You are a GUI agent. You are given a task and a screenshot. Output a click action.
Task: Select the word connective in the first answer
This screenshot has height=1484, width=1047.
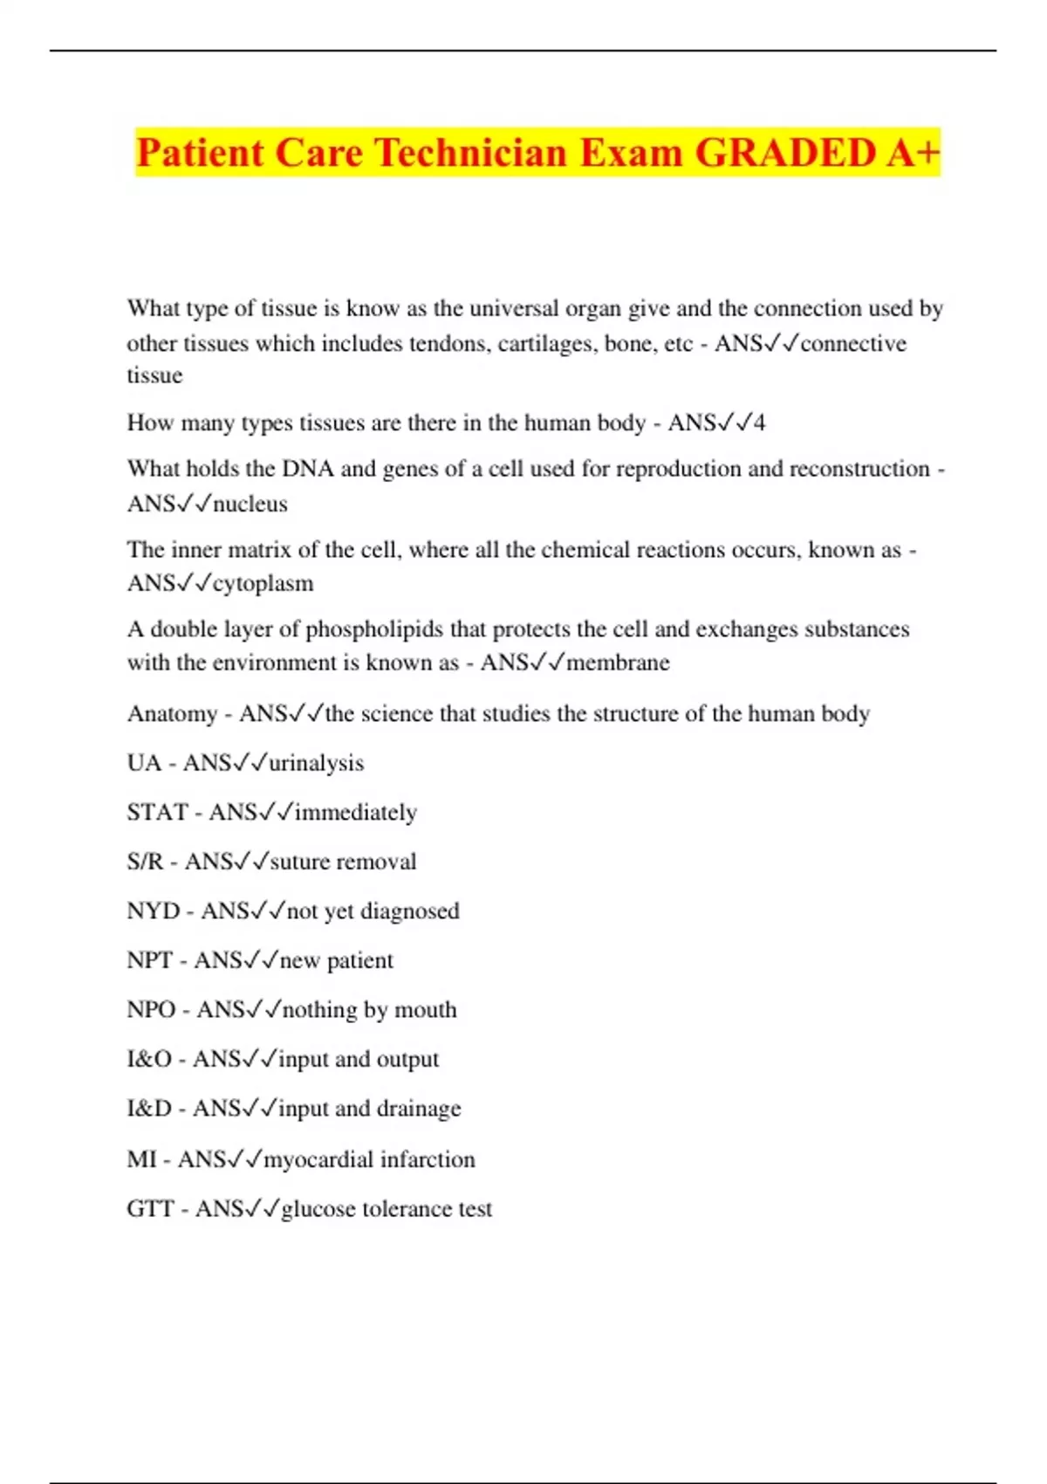point(853,343)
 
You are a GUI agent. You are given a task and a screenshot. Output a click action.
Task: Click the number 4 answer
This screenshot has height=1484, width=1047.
point(759,423)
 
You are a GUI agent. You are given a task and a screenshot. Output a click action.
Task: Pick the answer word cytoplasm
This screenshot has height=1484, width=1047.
point(263,583)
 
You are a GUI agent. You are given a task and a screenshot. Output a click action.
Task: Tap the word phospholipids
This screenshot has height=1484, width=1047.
point(374,629)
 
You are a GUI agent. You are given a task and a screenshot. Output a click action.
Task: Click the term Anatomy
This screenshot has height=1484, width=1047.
point(172,714)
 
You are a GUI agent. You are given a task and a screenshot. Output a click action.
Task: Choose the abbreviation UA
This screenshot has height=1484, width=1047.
point(144,763)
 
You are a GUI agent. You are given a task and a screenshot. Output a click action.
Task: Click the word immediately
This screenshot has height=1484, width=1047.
point(355,813)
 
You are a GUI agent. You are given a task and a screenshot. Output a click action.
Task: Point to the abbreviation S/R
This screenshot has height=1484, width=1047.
point(145,862)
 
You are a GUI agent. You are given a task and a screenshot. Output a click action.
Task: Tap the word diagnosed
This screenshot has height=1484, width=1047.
point(409,911)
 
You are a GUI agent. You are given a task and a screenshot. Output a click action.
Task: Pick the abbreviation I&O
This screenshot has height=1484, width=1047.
point(149,1059)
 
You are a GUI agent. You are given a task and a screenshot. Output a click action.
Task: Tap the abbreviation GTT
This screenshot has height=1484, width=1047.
point(150,1209)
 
